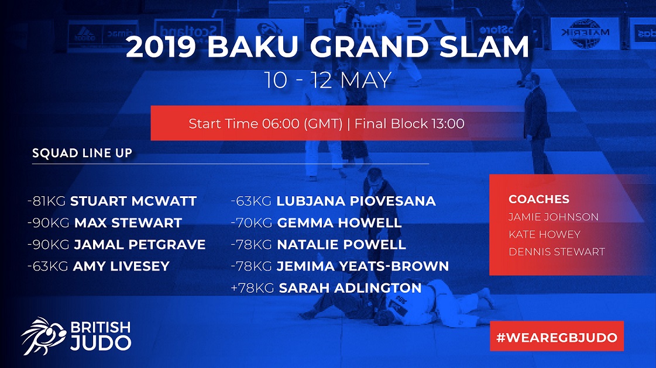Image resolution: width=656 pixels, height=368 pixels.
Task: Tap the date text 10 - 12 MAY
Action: (328, 80)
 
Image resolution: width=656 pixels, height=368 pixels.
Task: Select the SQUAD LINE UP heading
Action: (83, 153)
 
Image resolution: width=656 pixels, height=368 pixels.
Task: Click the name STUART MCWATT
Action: (133, 201)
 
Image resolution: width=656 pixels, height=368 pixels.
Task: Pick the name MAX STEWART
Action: (128, 223)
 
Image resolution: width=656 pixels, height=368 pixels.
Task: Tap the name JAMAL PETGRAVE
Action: (140, 244)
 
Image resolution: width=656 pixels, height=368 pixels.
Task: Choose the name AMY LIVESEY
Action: (121, 266)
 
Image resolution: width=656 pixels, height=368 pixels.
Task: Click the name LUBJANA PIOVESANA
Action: (356, 201)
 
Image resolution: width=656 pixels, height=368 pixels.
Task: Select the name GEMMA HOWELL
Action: (339, 223)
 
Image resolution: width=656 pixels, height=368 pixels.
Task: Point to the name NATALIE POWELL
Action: (341, 244)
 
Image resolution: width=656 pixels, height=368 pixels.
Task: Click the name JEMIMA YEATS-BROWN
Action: (363, 266)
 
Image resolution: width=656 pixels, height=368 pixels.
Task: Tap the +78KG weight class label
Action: (252, 288)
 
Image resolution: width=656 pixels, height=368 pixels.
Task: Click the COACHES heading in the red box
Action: (539, 199)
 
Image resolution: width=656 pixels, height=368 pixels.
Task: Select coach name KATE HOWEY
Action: (544, 234)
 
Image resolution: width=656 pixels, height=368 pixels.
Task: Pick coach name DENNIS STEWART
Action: (557, 252)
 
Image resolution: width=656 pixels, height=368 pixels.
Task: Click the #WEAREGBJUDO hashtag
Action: (557, 338)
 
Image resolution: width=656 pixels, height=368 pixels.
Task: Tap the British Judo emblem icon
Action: (43, 336)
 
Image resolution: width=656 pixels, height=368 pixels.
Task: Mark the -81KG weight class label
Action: (46, 201)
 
